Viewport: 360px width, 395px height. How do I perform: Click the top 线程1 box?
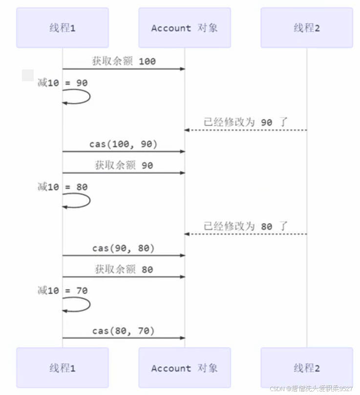coord(63,28)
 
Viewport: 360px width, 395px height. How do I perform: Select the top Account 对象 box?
coord(184,28)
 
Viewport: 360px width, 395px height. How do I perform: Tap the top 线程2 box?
coord(306,28)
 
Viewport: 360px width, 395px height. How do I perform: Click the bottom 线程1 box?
coord(63,368)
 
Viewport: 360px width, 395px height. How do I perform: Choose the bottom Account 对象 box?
coord(184,368)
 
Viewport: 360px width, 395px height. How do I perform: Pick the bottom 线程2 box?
coord(306,368)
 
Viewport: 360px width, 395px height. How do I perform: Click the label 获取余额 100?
coord(124,61)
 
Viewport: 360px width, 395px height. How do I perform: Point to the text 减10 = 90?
coord(63,83)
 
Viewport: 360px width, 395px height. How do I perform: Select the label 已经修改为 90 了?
coord(246,122)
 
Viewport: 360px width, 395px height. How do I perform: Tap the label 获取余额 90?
coord(124,165)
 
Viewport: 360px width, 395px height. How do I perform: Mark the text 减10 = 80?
coord(63,187)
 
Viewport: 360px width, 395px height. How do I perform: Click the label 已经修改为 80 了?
coord(246,226)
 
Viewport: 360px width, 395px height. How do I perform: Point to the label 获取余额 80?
coord(124,269)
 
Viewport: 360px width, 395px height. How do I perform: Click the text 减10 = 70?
coord(63,291)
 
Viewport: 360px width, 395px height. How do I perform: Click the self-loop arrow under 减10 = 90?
coord(81,97)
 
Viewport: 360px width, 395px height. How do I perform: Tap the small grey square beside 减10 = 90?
coord(28,75)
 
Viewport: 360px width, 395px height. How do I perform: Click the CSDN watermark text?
coord(311,388)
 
